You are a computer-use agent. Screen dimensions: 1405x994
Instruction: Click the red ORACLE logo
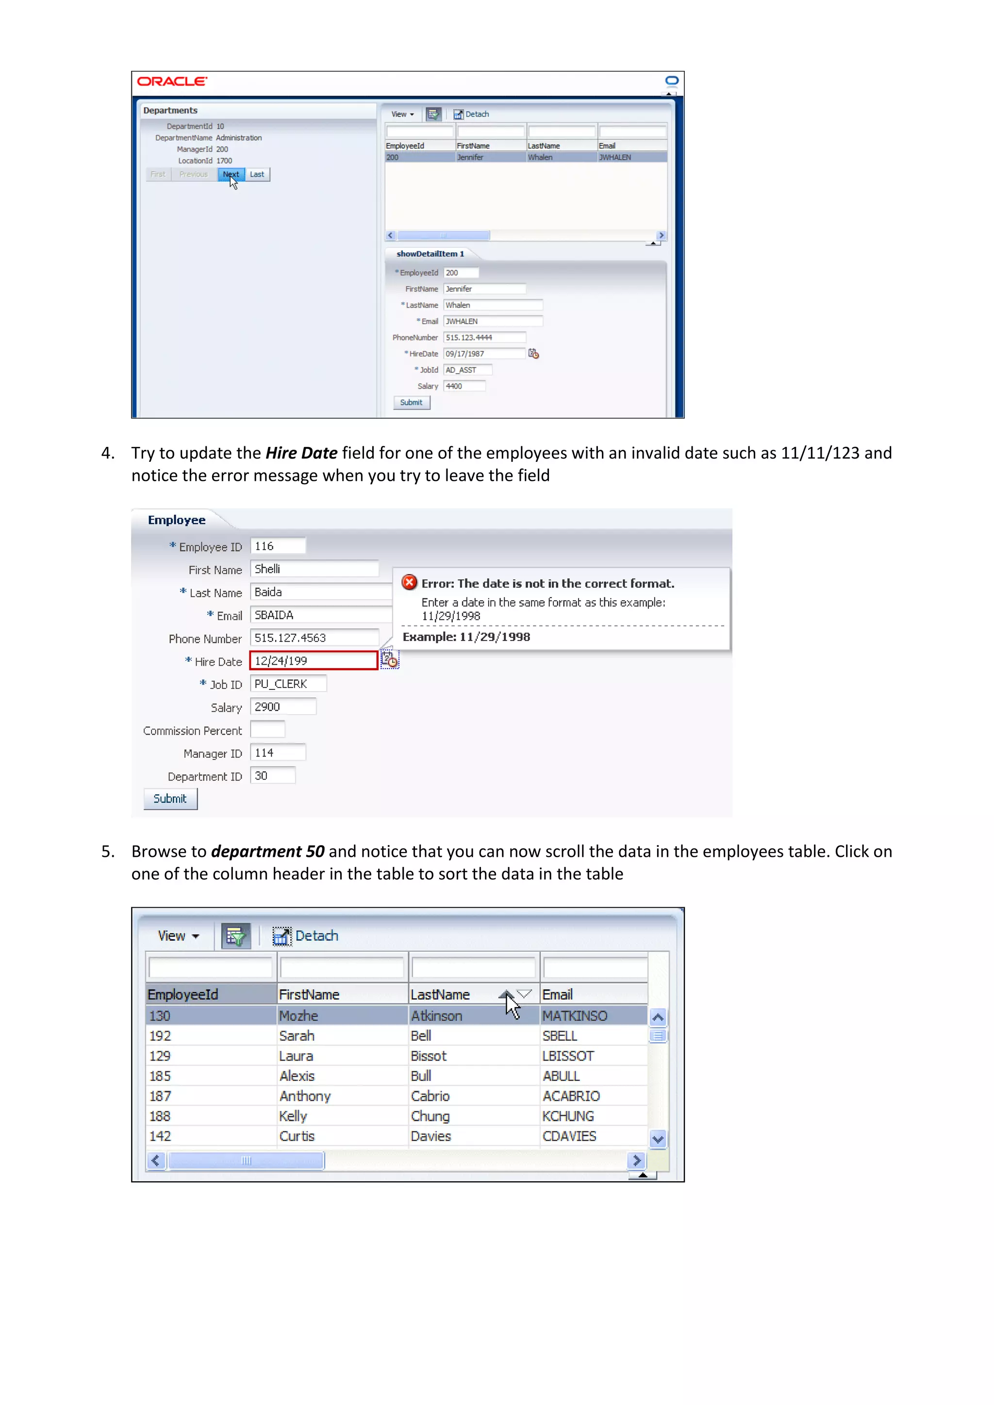pyautogui.click(x=172, y=82)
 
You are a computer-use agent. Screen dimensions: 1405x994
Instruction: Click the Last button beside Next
pyautogui.click(x=257, y=174)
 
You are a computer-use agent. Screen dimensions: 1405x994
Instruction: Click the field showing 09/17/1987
pyautogui.click(x=483, y=354)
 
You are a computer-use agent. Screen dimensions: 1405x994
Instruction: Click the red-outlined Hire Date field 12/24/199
pyautogui.click(x=314, y=661)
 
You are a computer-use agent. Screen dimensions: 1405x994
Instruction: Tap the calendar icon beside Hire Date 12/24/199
pyautogui.click(x=389, y=660)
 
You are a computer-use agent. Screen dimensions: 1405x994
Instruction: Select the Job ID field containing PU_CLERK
pyautogui.click(x=288, y=684)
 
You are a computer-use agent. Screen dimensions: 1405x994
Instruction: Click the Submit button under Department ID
pyautogui.click(x=170, y=799)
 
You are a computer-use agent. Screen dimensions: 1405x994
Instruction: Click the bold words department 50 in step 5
pyautogui.click(x=267, y=851)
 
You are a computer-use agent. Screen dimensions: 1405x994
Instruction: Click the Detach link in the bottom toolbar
pyautogui.click(x=316, y=936)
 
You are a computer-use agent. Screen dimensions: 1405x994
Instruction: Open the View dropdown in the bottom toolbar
pyautogui.click(x=178, y=936)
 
